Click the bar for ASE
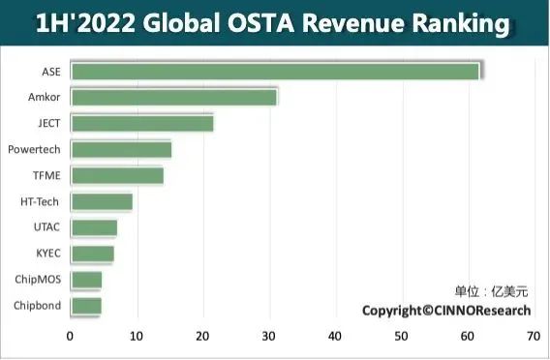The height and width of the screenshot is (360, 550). (x=276, y=71)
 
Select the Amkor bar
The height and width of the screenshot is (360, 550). (x=174, y=97)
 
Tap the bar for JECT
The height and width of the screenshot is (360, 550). (x=142, y=123)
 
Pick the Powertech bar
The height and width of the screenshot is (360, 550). (x=121, y=149)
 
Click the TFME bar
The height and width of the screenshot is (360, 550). (x=117, y=175)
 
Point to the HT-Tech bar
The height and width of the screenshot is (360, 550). (x=102, y=201)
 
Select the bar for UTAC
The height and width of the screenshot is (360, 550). (x=94, y=227)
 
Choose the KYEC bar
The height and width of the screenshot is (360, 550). (x=93, y=254)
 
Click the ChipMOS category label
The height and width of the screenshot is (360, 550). (x=39, y=280)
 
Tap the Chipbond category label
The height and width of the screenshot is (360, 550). (x=38, y=306)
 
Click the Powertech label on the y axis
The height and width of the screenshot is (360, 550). (x=35, y=149)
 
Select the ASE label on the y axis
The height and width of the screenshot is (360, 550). (x=52, y=71)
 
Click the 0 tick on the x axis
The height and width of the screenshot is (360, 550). (x=71, y=338)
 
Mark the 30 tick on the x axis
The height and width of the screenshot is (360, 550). (x=269, y=338)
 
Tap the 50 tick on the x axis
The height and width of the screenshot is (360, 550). (x=401, y=338)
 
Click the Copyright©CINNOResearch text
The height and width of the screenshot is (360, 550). (x=446, y=310)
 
